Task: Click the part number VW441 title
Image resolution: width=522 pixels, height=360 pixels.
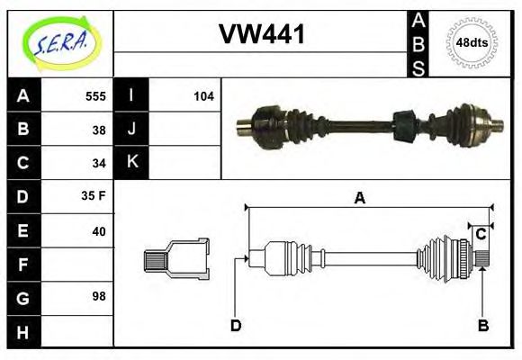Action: tap(262, 35)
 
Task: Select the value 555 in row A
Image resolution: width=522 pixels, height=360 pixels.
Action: tap(95, 95)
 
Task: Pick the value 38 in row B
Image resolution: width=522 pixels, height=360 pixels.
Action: tap(99, 129)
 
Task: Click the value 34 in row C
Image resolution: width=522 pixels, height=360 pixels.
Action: tap(99, 163)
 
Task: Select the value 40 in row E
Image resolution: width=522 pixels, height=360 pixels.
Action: tap(99, 231)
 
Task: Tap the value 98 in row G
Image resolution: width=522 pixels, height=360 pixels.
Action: tap(99, 295)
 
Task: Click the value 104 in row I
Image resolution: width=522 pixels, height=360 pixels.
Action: tap(203, 95)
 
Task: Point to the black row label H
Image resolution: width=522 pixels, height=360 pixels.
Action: tap(22, 331)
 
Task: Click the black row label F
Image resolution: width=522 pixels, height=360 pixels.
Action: tap(22, 265)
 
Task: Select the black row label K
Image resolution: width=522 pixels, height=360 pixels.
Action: tap(132, 163)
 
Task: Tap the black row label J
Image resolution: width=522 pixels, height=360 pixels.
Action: tap(132, 129)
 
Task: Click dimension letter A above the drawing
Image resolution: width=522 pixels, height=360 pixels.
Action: tap(359, 198)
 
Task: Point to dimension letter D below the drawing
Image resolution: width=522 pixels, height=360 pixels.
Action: tap(236, 325)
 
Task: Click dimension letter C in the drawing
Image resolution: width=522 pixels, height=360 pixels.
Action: tap(481, 234)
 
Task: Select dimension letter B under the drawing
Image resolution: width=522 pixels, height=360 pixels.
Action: tap(482, 325)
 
